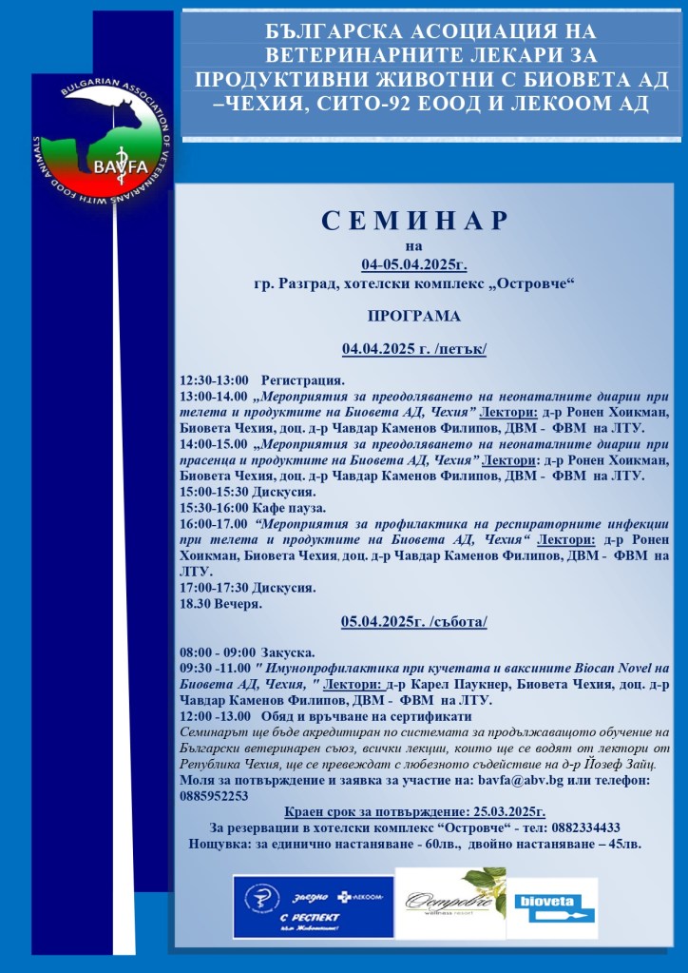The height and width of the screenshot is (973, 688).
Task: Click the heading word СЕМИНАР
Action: [x=415, y=222]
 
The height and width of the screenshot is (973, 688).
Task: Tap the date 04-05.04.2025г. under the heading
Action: [x=413, y=264]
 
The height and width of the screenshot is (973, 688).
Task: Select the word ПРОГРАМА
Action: [x=413, y=316]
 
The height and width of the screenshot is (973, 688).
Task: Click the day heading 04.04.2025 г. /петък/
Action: [x=413, y=349]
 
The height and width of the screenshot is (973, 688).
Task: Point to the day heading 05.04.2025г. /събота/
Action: [x=414, y=622]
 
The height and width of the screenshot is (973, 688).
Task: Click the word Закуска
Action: [x=289, y=652]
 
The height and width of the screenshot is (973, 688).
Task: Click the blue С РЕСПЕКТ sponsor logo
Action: [x=313, y=905]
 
